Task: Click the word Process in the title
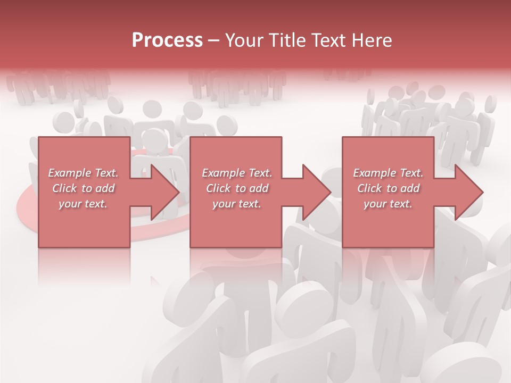pyautogui.click(x=167, y=40)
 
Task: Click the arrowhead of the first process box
pyautogui.click(x=165, y=192)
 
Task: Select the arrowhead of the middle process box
pyautogui.click(x=317, y=192)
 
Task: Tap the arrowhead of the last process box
pyautogui.click(x=468, y=192)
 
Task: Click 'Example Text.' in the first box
pyautogui.click(x=84, y=173)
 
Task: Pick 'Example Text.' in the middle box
pyautogui.click(x=237, y=173)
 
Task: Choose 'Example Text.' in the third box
pyautogui.click(x=388, y=173)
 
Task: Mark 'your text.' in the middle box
pyautogui.click(x=237, y=204)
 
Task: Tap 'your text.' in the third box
pyautogui.click(x=388, y=204)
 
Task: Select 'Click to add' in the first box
pyautogui.click(x=84, y=188)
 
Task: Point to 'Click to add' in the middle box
pyautogui.click(x=237, y=188)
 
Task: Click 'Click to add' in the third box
pyautogui.click(x=388, y=188)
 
